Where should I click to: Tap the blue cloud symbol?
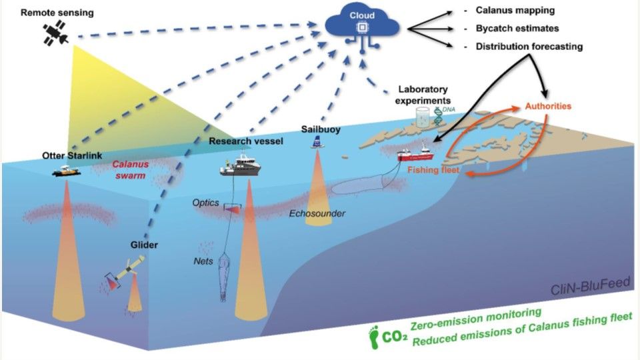point(361,25)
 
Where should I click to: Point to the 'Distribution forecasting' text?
point(529,47)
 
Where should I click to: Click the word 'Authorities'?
point(548,106)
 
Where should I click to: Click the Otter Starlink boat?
point(67,170)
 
